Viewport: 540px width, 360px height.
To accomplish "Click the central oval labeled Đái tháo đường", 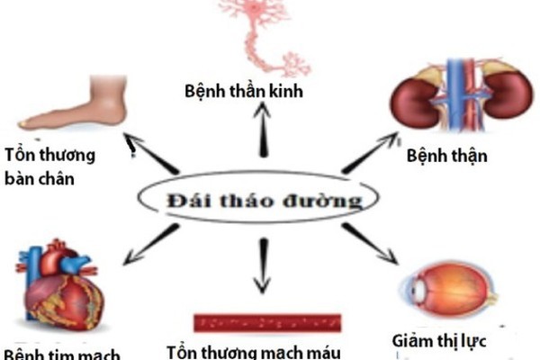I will tap(261, 200).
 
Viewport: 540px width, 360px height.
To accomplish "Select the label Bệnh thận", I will tap(446, 155).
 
